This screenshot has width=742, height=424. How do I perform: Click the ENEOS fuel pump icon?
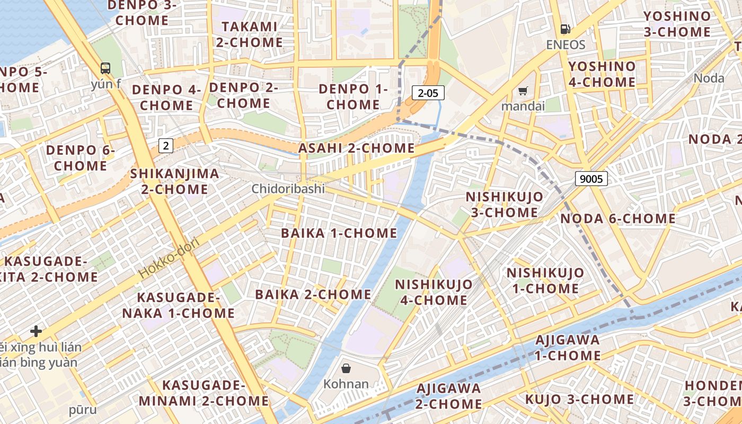pyautogui.click(x=566, y=29)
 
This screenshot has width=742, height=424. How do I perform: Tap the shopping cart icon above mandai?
pyautogui.click(x=523, y=91)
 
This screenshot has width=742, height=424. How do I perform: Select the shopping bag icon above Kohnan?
pyautogui.click(x=346, y=368)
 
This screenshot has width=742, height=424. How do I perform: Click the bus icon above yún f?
pyautogui.click(x=105, y=68)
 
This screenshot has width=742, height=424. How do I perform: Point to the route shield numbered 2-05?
pyautogui.click(x=428, y=93)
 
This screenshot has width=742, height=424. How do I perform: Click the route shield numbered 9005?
pyautogui.click(x=591, y=179)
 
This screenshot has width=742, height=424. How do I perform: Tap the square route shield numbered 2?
pyautogui.click(x=166, y=145)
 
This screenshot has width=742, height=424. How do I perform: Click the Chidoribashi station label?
pyautogui.click(x=288, y=189)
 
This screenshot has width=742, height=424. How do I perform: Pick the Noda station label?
pyautogui.click(x=709, y=78)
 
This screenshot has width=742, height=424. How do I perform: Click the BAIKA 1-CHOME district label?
pyautogui.click(x=339, y=233)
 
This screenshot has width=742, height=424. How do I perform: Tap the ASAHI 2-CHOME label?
pyautogui.click(x=356, y=148)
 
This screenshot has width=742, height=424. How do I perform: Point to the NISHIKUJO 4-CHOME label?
pyautogui.click(x=434, y=292)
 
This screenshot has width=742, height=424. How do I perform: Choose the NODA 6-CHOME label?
pyautogui.click(x=618, y=218)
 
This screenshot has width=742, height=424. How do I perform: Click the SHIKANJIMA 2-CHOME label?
pyautogui.click(x=174, y=181)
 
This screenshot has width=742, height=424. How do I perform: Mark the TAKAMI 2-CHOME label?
pyautogui.click(x=249, y=34)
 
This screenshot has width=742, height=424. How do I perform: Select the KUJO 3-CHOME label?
pyautogui.click(x=579, y=399)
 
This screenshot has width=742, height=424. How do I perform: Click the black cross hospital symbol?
pyautogui.click(x=36, y=332)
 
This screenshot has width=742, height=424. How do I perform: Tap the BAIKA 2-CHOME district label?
pyautogui.click(x=313, y=294)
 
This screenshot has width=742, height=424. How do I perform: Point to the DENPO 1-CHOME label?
pyautogui.click(x=353, y=96)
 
